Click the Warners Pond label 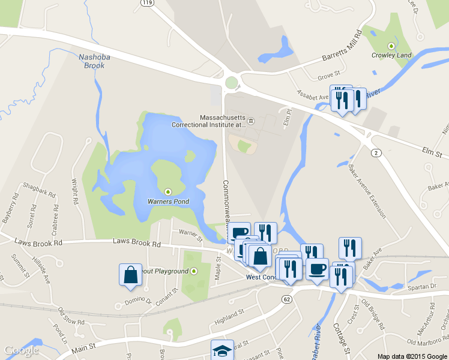coord(169,202)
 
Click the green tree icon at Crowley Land coord(391,46)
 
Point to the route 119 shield coord(146,3)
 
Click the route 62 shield coord(288,298)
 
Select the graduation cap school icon coord(221,350)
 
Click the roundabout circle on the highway coord(232,82)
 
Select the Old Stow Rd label coord(70,317)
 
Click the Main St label coord(84,347)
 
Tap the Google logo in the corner coord(21,350)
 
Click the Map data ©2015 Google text coord(412,356)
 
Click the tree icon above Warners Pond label coord(168,192)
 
